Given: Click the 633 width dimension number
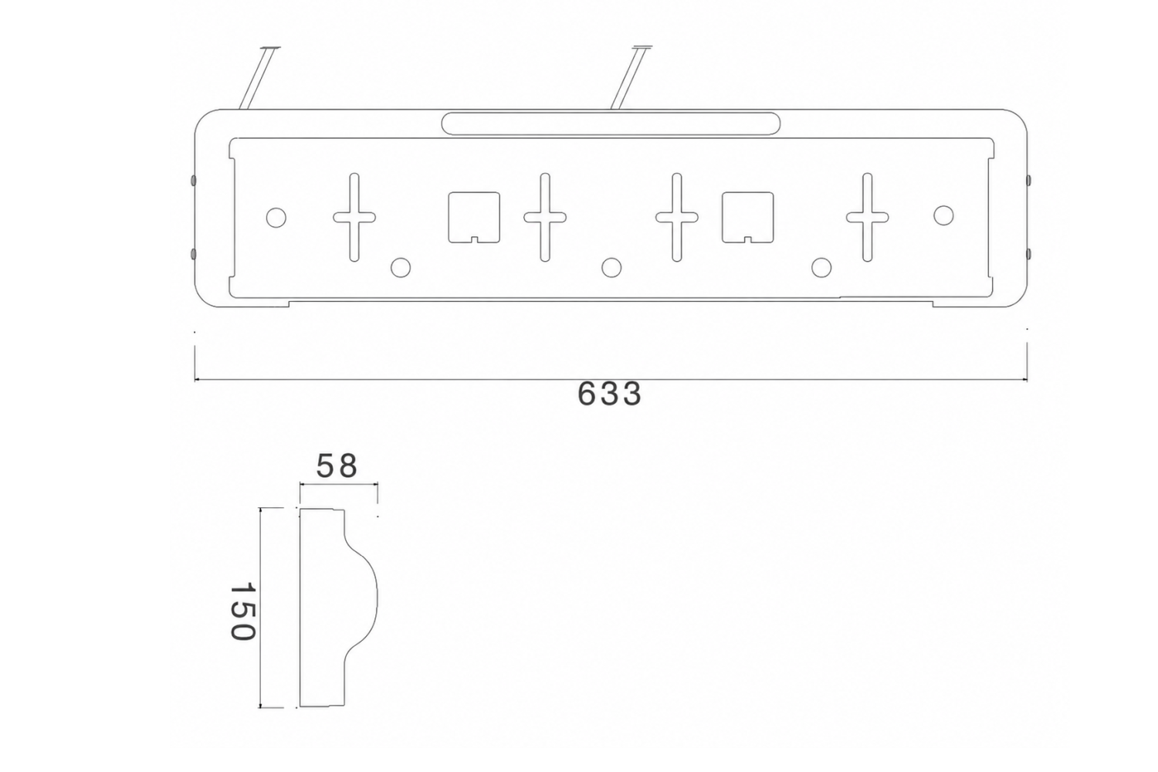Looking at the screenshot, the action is click(x=609, y=394).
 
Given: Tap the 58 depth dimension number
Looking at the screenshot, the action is click(x=337, y=466).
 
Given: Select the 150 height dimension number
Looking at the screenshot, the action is click(x=242, y=611).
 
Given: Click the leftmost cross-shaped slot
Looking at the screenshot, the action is click(x=354, y=217).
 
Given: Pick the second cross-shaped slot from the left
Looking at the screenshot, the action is click(x=545, y=217).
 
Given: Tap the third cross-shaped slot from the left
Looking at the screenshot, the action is click(x=677, y=217).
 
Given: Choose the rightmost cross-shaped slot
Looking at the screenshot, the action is click(x=868, y=217).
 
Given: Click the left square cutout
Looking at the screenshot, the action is click(x=473, y=217).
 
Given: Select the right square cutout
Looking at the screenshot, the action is click(x=747, y=217).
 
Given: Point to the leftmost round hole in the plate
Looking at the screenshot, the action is click(x=276, y=217).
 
